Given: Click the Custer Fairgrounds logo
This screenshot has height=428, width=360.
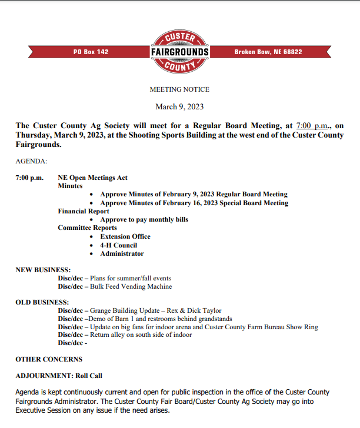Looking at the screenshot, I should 179,52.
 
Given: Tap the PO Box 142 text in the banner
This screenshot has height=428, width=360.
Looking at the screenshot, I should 91,52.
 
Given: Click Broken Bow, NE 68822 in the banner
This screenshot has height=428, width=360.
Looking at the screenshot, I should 268,52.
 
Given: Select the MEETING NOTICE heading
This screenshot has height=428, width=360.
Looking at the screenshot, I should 179,89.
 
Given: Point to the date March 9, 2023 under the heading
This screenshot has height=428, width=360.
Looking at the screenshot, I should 179,106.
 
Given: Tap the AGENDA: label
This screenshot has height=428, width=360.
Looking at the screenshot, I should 32,160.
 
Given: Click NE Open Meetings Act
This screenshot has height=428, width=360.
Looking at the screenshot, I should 92,178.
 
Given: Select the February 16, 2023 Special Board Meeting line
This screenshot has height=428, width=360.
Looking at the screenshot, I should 194,203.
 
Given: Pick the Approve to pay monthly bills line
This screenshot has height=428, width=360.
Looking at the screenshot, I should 144,219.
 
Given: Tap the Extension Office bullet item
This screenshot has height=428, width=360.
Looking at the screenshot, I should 125,236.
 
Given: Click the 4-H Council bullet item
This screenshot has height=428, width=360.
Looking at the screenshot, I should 118,245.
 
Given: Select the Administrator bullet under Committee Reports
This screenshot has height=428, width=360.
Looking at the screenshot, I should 122,253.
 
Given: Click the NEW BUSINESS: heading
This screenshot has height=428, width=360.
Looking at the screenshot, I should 43,269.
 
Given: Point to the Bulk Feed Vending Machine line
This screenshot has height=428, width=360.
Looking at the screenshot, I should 131,286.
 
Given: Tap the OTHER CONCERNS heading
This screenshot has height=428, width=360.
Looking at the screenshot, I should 49,359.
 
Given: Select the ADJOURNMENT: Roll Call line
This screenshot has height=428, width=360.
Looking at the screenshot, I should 59,375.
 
